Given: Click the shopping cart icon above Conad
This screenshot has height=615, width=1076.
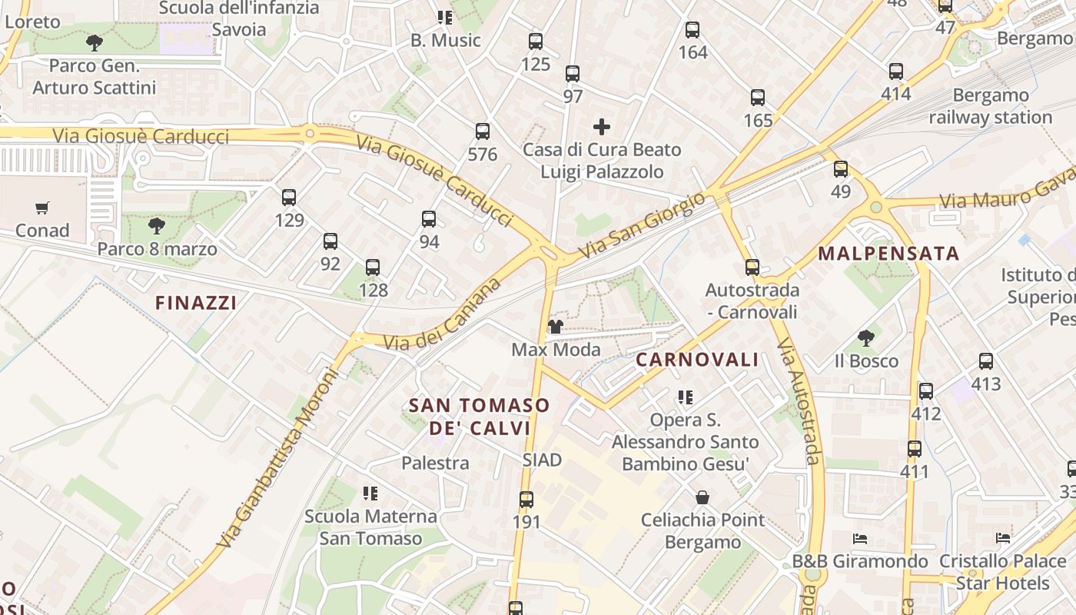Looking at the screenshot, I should pos(42,208).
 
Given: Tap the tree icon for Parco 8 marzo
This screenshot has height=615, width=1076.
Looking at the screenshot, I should pos(157,226).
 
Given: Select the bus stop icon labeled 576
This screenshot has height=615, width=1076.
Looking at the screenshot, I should pos(483,131).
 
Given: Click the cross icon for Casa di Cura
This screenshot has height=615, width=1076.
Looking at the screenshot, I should pos(602,126).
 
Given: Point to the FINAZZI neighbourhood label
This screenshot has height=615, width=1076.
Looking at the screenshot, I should pos(196,303).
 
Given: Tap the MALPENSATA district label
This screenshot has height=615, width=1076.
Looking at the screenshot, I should pos(888,254).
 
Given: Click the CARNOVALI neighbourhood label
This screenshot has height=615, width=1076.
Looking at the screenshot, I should pos(698,360).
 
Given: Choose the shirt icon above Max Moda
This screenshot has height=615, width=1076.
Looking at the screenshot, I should pos(556,327).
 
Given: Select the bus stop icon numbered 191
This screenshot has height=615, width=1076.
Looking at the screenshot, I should pos(526,500).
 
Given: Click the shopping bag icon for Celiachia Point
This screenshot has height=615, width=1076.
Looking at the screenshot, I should pos(702,497).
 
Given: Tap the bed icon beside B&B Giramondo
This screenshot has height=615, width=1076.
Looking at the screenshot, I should pos(860,539).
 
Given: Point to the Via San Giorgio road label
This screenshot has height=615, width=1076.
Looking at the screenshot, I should pos(642,225).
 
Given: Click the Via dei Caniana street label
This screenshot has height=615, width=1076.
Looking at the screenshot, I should pos(443,316).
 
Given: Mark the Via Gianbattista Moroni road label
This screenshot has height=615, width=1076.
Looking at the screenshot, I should pos(277,459).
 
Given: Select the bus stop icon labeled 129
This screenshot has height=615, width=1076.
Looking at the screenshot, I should pos(289,198).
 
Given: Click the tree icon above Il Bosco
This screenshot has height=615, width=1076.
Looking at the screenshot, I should pos(866,337).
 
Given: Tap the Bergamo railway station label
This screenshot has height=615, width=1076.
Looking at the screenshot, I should pos(990,106).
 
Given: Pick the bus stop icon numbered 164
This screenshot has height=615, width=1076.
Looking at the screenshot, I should pos(692,30).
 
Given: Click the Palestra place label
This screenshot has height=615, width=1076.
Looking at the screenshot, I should pos(435,463).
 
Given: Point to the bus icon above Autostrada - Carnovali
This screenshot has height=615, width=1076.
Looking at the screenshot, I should pos(752,268).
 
